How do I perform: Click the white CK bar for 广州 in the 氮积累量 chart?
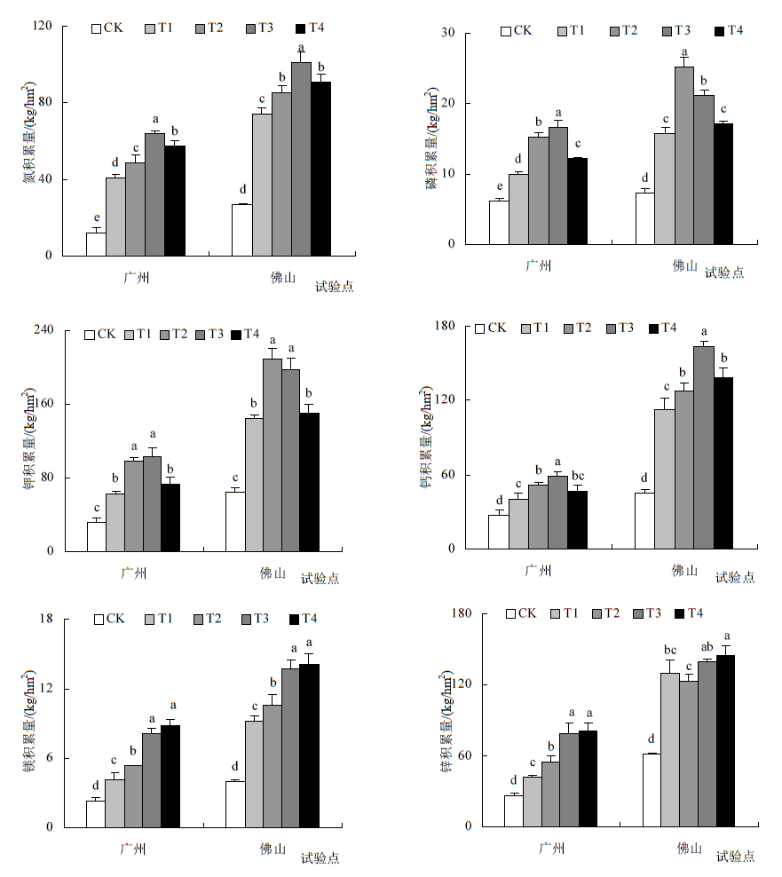(x=96, y=244)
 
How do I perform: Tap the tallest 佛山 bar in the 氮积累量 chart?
(x=301, y=160)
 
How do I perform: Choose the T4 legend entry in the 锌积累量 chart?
(x=689, y=613)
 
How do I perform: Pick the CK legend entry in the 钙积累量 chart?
(x=491, y=328)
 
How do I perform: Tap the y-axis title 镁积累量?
(x=30, y=723)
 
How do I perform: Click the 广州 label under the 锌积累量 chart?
(x=550, y=848)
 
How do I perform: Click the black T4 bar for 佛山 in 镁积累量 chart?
(x=309, y=746)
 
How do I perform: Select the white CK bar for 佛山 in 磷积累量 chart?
(x=645, y=218)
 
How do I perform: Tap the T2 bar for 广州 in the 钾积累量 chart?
(x=134, y=506)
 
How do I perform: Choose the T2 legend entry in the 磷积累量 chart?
(x=623, y=31)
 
